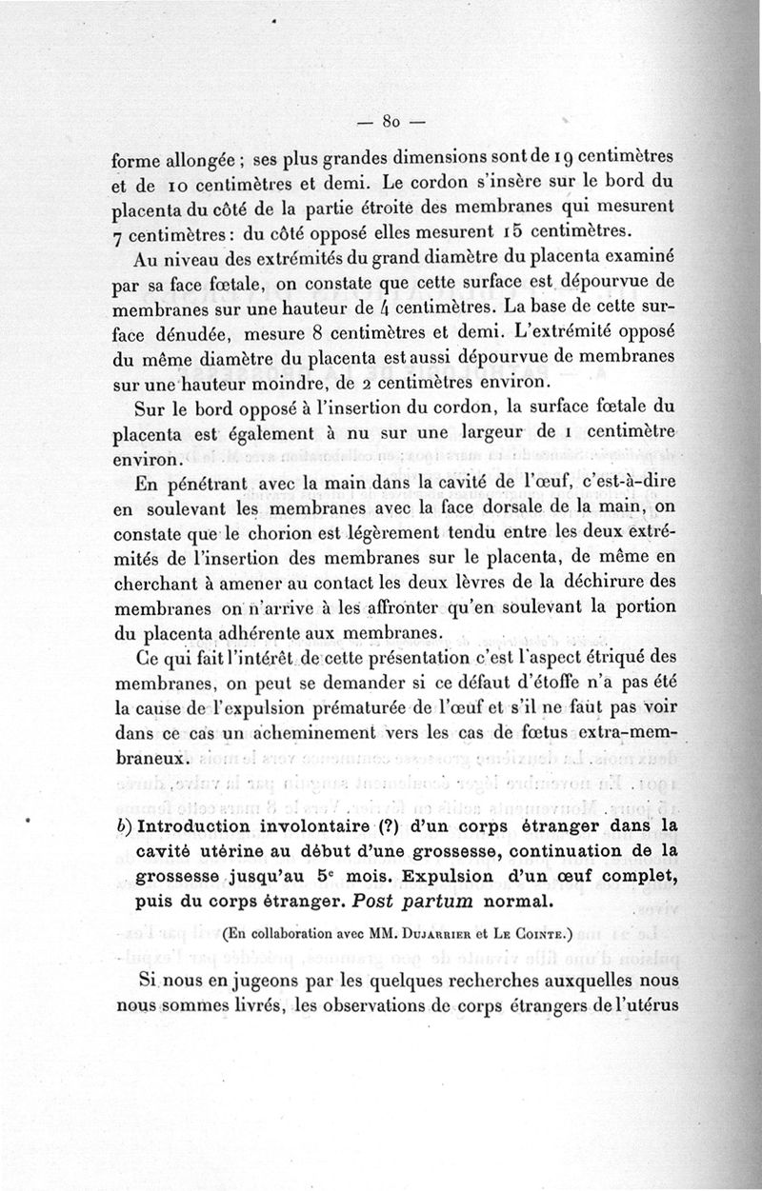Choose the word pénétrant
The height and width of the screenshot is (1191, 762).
point(198,483)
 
